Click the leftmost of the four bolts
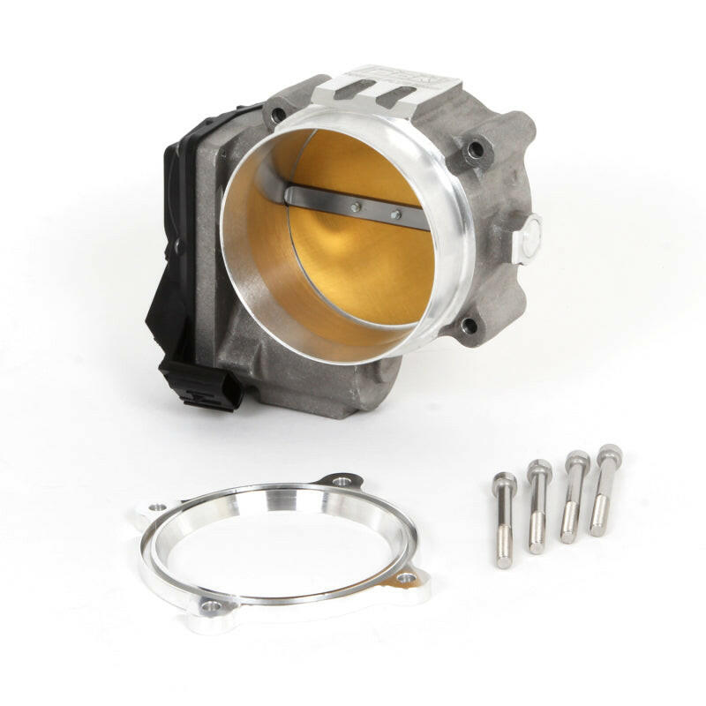[505, 521]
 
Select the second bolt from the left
[538, 507]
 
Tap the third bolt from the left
[574, 497]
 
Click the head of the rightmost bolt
[609, 456]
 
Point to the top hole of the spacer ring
[342, 482]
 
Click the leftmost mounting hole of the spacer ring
[156, 508]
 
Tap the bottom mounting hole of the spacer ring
[209, 607]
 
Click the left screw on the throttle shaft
[355, 207]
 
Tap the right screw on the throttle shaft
[395, 214]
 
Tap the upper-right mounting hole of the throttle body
[477, 149]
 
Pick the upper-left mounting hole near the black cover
[278, 113]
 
